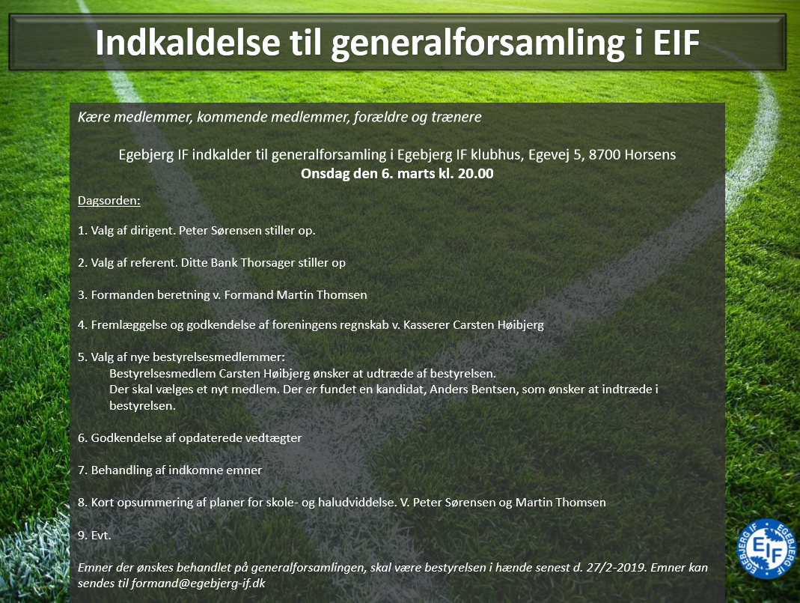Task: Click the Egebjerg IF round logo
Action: (767, 549)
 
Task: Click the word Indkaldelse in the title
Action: (188, 42)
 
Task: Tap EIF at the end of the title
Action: (676, 42)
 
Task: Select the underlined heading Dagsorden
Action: (109, 201)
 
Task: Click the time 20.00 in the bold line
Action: (475, 174)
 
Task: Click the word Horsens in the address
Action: (650, 155)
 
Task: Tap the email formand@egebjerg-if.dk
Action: (198, 584)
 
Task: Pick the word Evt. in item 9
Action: (101, 535)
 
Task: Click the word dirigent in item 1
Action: (152, 230)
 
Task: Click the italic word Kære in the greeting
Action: (94, 117)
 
